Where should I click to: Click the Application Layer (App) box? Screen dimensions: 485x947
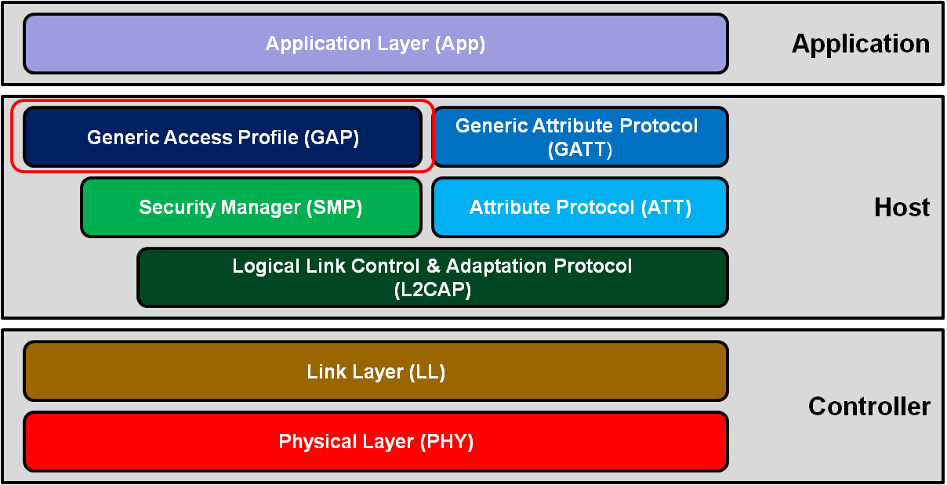(x=376, y=43)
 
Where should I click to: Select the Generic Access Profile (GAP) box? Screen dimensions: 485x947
(x=223, y=137)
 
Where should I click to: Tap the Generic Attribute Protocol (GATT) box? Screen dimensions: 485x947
(x=579, y=137)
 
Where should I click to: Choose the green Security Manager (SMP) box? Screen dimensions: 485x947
(x=251, y=207)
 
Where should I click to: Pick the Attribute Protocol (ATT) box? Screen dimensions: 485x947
(x=579, y=207)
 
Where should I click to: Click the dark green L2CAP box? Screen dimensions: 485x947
(x=432, y=277)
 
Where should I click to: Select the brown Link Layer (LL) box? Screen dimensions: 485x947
(x=376, y=371)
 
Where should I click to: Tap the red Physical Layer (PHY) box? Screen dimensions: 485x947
(x=376, y=441)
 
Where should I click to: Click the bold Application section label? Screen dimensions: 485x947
(x=860, y=44)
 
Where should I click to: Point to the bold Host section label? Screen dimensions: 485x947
(x=902, y=208)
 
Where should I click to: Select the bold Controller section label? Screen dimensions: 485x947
(x=869, y=406)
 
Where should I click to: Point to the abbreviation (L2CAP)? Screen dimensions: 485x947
(x=432, y=289)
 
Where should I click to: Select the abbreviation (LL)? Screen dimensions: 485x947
(x=427, y=371)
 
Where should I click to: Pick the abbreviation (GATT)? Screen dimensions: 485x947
(x=579, y=149)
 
